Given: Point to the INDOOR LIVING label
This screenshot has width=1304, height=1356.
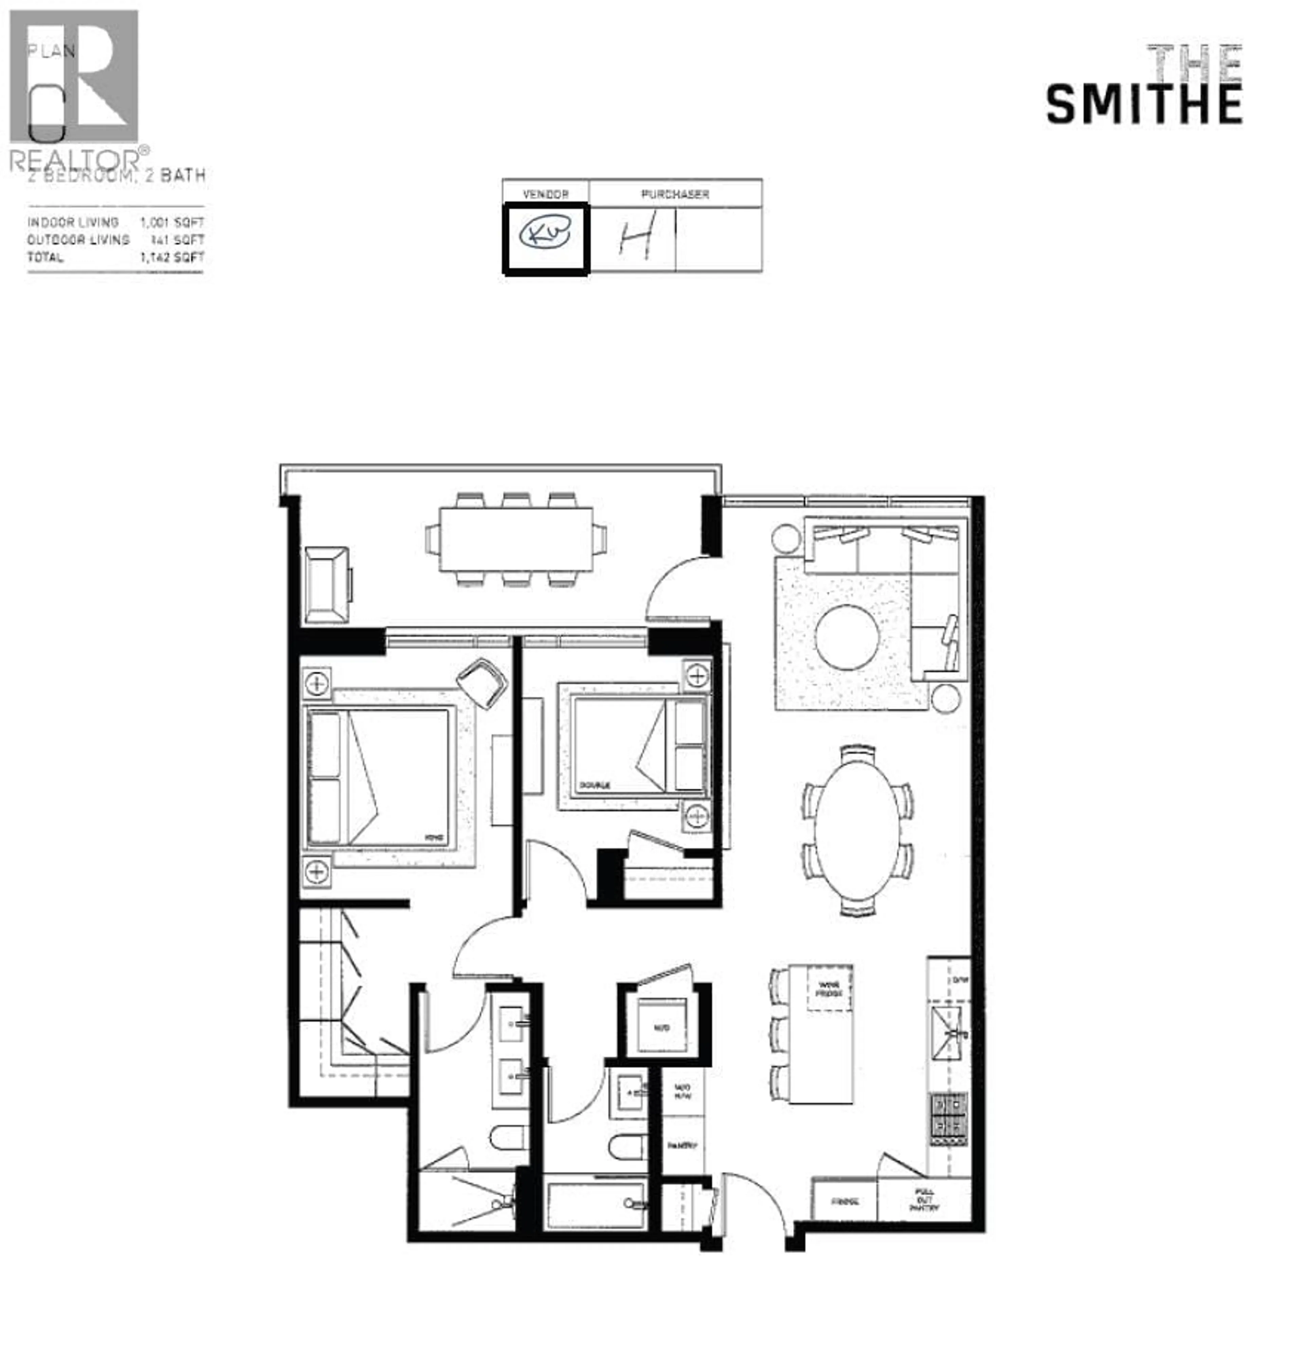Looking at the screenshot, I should click(73, 222).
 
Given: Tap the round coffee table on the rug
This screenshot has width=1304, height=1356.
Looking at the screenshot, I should click(847, 637).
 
